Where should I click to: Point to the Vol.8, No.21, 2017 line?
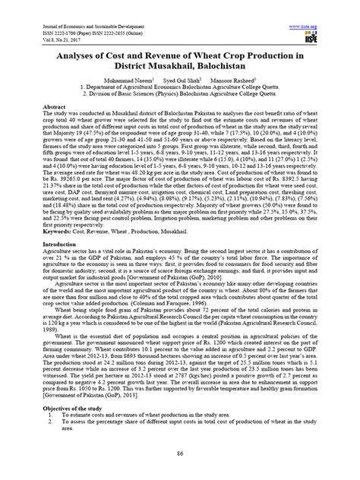pos(47,21)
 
